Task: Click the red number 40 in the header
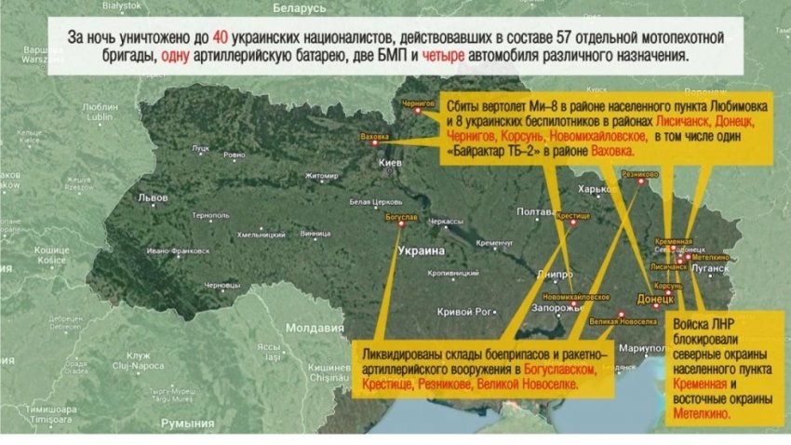pos(220,39)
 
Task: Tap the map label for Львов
pos(152,197)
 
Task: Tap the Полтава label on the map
pos(535,211)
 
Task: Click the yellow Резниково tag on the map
pos(640,173)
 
